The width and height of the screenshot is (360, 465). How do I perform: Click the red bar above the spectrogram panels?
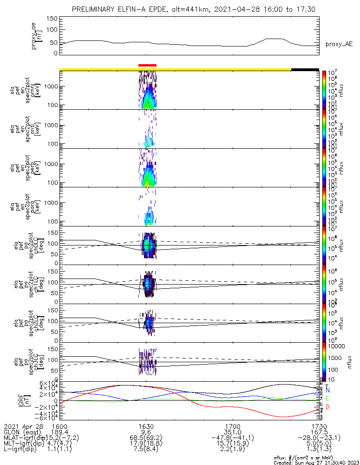pyautogui.click(x=148, y=66)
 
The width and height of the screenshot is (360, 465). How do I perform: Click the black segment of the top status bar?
pyautogui.click(x=305, y=69)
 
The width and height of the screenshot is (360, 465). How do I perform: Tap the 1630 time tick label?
pyautogui.click(x=146, y=425)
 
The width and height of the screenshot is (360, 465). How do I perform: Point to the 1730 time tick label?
pyautogui.click(x=319, y=425)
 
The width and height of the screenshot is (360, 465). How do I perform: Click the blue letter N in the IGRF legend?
pyautogui.click(x=327, y=390)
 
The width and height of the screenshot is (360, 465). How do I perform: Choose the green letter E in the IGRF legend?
pyautogui.click(x=327, y=399)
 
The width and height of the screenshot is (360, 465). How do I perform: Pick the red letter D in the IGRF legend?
pyautogui.click(x=327, y=407)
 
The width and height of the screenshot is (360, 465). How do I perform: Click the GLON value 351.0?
pyautogui.click(x=233, y=432)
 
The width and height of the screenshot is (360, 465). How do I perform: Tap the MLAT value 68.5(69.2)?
pyautogui.click(x=146, y=438)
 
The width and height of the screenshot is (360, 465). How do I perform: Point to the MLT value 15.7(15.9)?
pyautogui.click(x=233, y=444)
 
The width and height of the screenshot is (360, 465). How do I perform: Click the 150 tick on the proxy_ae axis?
pyautogui.click(x=52, y=18)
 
